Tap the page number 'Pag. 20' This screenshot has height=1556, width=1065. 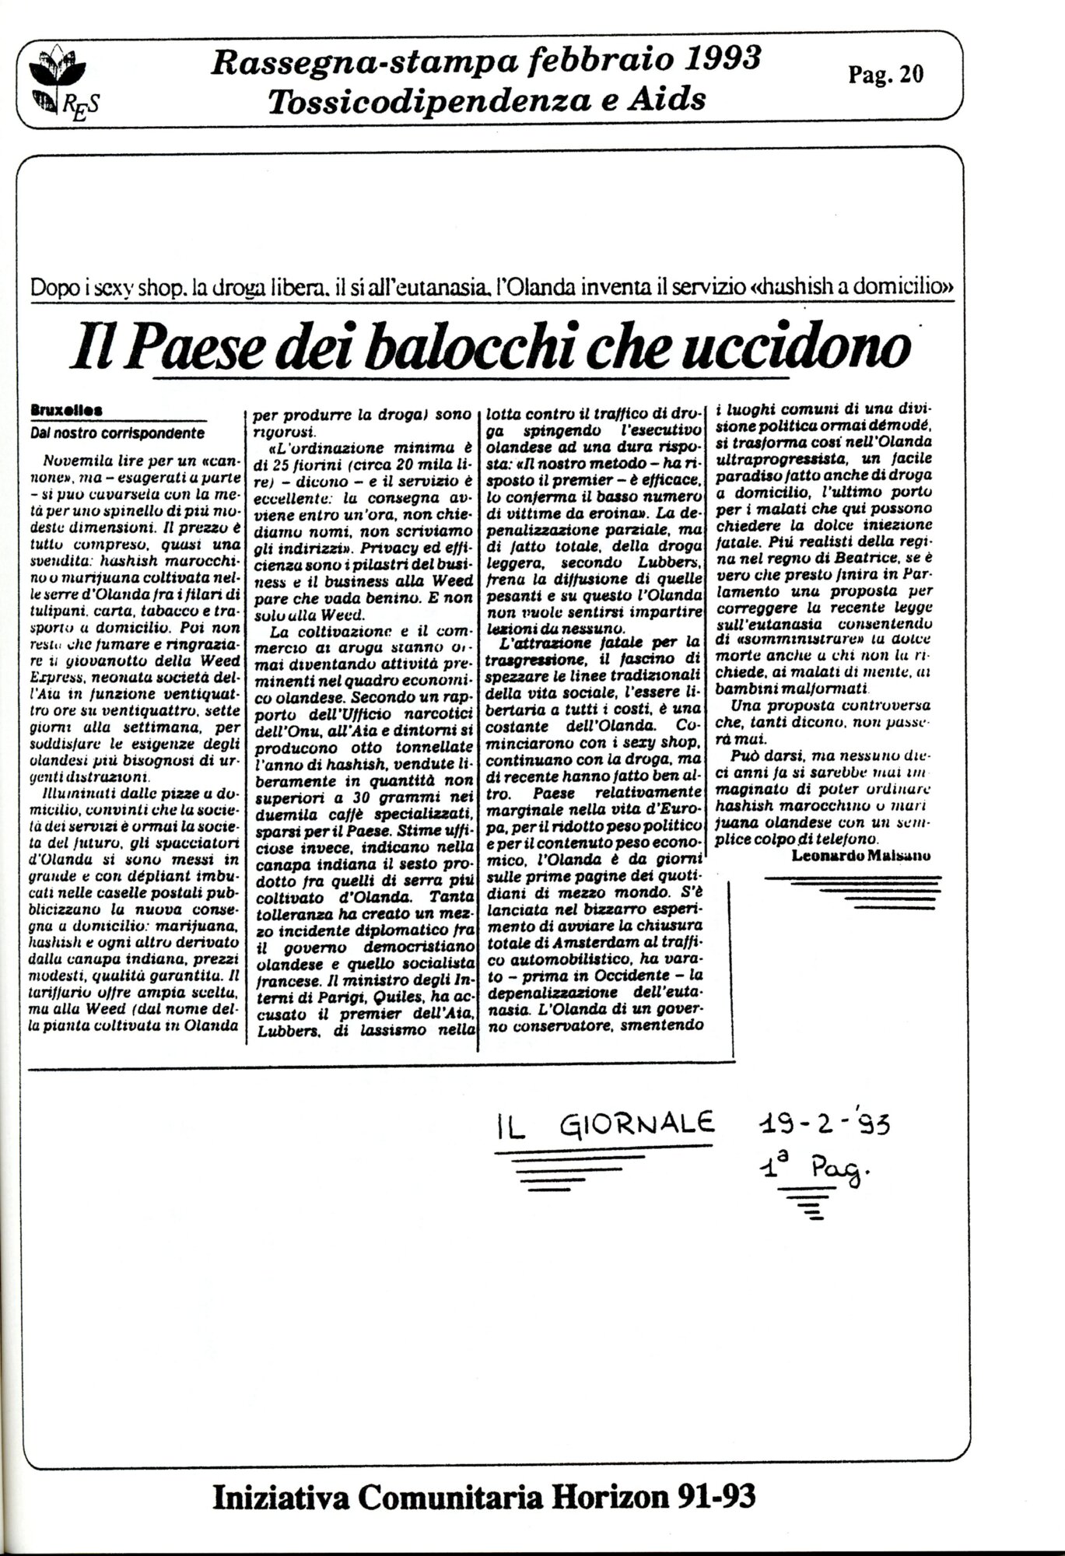click(x=886, y=75)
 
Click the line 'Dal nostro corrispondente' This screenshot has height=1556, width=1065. click(x=117, y=433)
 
